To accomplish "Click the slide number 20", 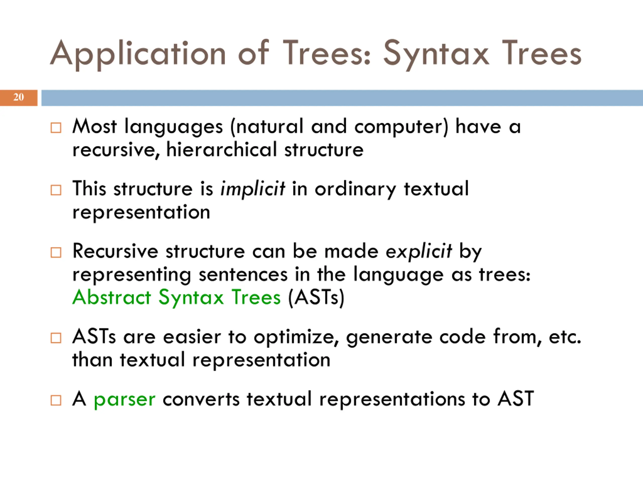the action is point(19,97).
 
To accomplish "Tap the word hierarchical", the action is point(222,150).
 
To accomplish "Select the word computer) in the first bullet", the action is point(401,127).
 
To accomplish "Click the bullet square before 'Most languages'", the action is point(56,128).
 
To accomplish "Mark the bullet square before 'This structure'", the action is point(56,190).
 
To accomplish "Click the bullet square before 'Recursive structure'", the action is point(56,253).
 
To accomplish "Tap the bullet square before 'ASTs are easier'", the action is point(56,338).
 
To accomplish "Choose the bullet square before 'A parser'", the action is point(56,400).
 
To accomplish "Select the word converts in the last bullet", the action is point(201,399).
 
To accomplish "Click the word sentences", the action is point(243,275).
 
